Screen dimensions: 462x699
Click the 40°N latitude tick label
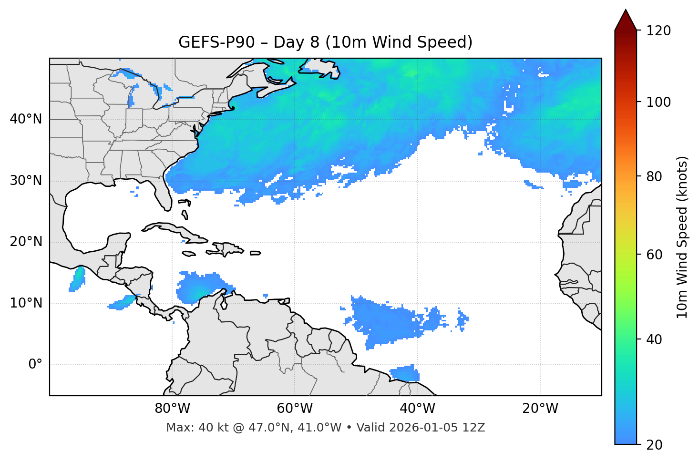coord(26,119)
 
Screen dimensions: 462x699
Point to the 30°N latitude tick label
coord(26,181)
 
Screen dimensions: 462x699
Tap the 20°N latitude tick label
coord(26,242)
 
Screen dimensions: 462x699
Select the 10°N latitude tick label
coord(26,303)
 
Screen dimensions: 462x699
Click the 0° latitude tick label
coord(35,365)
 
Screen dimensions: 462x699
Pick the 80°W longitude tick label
coord(172,409)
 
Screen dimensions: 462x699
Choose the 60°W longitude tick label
coord(295,409)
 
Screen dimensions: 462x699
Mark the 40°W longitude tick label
coord(418,409)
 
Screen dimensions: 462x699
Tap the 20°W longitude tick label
coord(540,409)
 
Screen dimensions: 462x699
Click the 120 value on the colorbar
coord(658,31)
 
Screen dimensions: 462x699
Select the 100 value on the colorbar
coord(658,102)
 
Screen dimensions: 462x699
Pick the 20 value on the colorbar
coord(655,445)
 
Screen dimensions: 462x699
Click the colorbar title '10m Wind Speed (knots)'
coord(682,237)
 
